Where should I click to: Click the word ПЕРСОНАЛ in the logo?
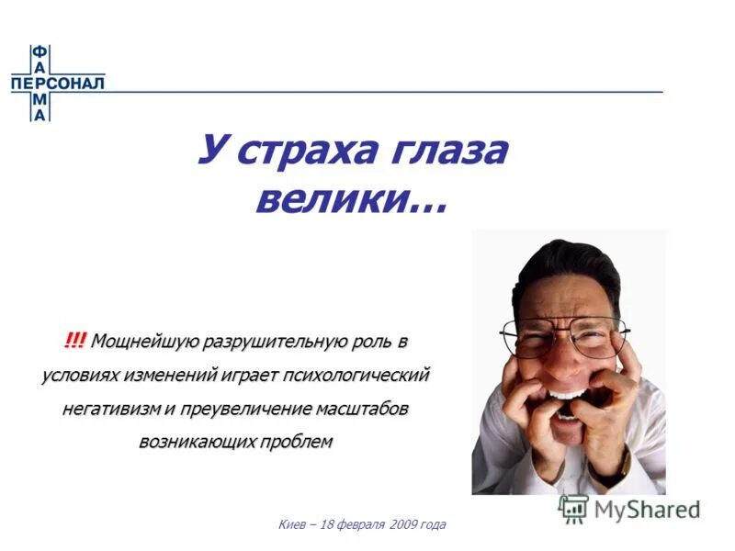pyautogui.click(x=58, y=84)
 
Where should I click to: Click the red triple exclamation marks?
pyautogui.click(x=75, y=342)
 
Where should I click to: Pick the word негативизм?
pyautogui.click(x=116, y=409)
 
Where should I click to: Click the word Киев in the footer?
pyautogui.click(x=292, y=525)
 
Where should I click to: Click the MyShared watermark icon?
pyautogui.click(x=574, y=509)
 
